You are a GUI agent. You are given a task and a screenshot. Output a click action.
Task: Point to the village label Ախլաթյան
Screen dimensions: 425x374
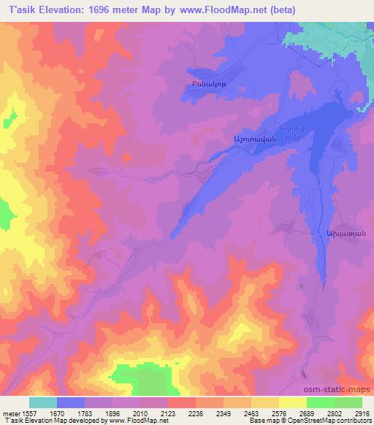(340, 233)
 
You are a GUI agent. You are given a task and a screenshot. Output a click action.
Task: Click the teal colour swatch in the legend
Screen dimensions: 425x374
(43, 402)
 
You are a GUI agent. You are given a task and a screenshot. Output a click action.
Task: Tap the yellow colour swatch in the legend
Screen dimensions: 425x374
(292, 402)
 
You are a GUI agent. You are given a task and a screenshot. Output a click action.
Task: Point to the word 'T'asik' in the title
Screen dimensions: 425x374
(18, 10)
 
